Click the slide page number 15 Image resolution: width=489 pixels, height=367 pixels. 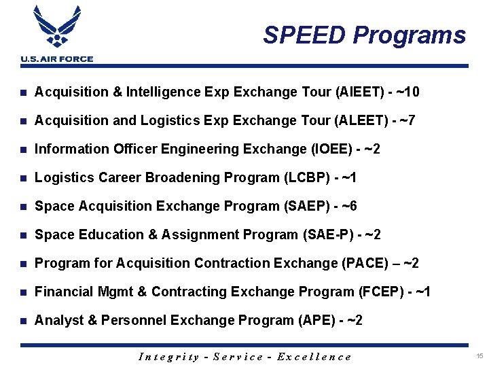click(x=479, y=356)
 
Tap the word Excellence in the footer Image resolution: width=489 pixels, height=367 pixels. click(x=314, y=357)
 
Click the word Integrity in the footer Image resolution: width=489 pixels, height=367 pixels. click(x=168, y=357)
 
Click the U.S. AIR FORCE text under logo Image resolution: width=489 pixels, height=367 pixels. click(x=57, y=59)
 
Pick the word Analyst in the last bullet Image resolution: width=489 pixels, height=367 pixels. click(x=58, y=320)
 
